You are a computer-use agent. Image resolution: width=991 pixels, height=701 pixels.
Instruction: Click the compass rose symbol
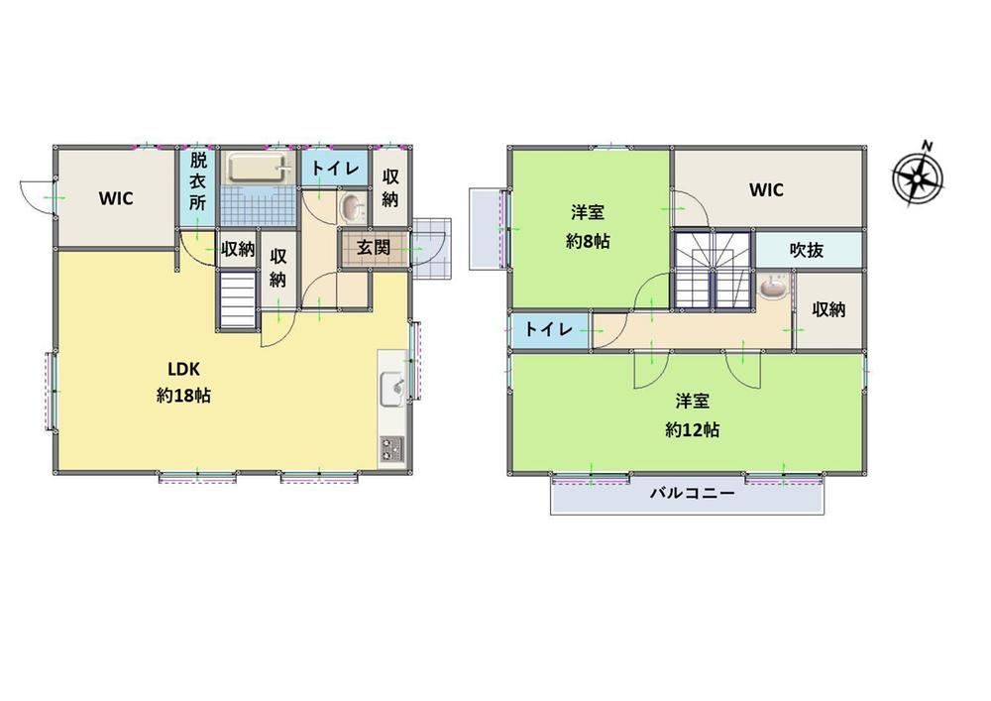[918, 175]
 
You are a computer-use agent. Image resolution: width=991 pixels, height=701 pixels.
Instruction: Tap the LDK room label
[184, 369]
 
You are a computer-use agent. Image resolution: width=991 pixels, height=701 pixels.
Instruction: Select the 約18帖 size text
[184, 396]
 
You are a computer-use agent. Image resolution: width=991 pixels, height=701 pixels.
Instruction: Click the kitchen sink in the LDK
[392, 390]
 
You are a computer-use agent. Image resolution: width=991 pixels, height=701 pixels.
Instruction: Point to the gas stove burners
[392, 449]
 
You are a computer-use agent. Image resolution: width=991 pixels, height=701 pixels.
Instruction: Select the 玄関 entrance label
[374, 247]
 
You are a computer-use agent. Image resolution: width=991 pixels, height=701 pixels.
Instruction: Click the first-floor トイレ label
[335, 169]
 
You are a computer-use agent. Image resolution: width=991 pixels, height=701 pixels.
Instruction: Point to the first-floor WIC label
[116, 198]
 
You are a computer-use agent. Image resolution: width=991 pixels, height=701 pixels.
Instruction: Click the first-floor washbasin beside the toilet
[352, 206]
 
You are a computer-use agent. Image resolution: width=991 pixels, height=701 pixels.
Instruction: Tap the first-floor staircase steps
[238, 299]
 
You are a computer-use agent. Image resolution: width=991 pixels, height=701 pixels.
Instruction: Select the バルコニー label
[693, 493]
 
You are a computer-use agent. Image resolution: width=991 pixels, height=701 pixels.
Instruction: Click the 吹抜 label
[807, 250]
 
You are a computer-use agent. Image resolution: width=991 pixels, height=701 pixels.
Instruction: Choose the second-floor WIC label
[766, 189]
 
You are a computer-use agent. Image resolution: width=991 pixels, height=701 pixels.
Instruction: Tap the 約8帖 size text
[588, 241]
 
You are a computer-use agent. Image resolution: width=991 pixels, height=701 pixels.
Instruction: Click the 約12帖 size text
[692, 430]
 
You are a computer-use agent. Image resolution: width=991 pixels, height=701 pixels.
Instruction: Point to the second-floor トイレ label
[549, 329]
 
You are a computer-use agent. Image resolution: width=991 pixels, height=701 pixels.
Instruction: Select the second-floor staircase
[713, 270]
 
